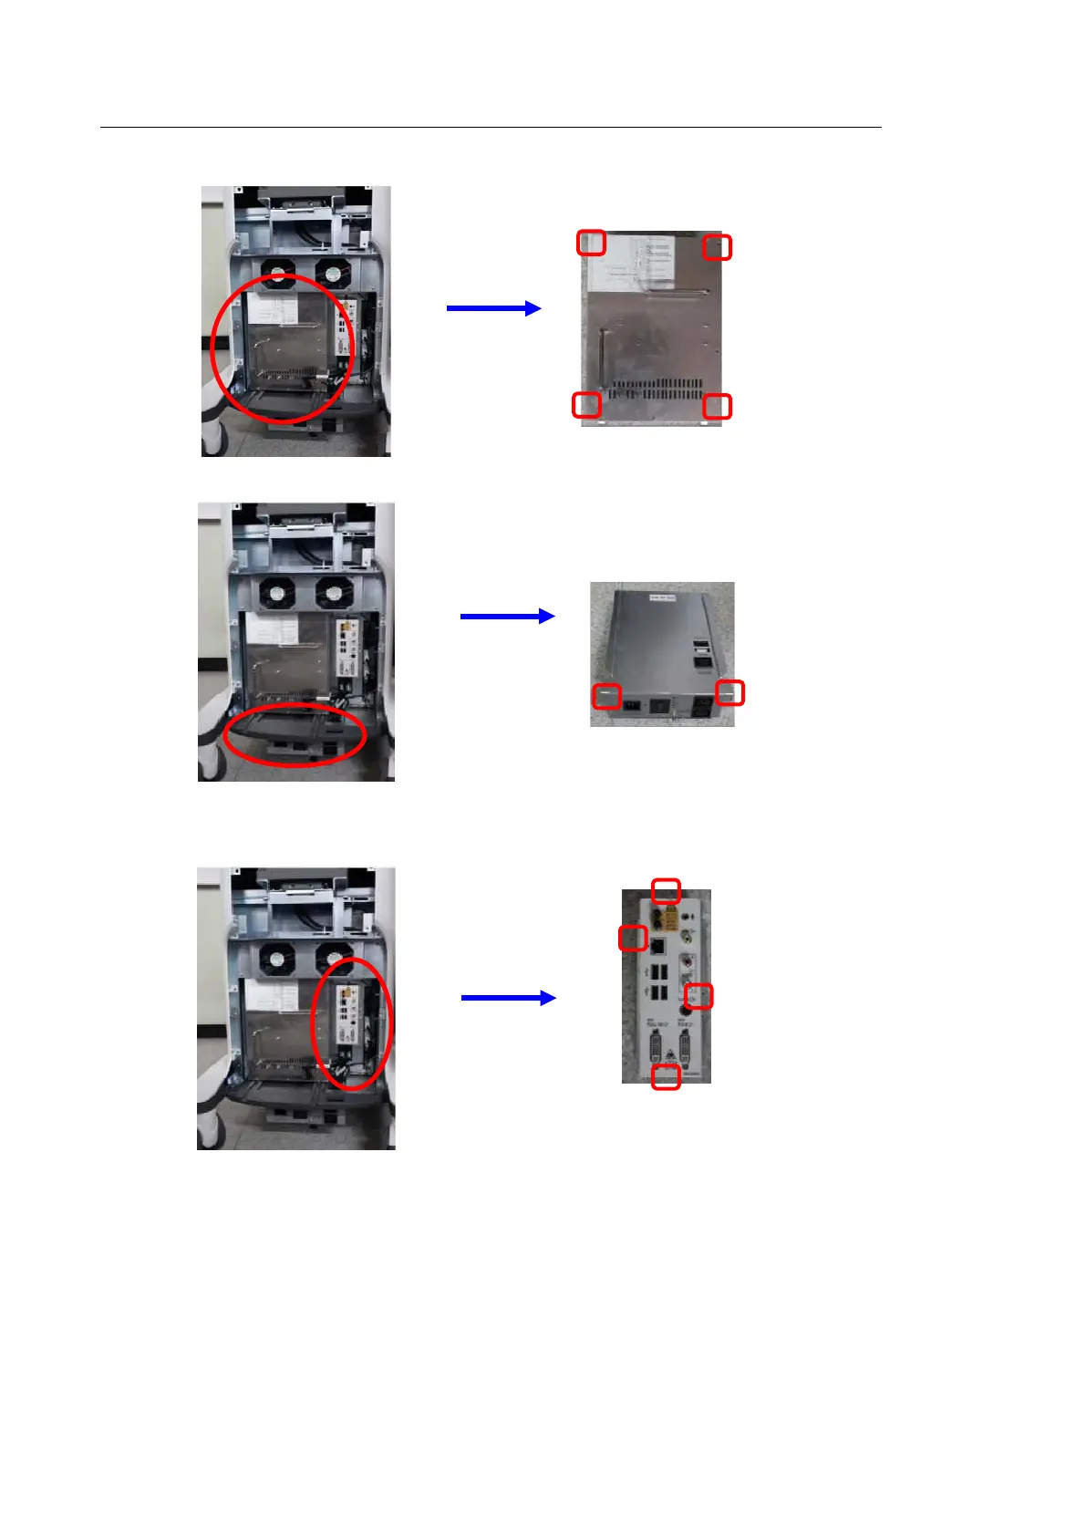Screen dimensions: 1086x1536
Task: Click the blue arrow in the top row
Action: point(493,308)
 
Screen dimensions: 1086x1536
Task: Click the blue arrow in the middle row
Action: point(507,617)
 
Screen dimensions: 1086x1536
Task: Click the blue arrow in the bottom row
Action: point(508,998)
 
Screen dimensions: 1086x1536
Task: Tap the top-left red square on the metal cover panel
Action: point(592,243)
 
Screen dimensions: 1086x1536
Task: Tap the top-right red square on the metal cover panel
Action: point(718,247)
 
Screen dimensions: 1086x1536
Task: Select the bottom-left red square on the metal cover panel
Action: point(586,405)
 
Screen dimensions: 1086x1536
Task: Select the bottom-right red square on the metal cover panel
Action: point(718,407)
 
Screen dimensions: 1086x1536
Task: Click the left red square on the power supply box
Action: point(607,696)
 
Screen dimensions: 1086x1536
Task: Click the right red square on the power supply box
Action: point(730,693)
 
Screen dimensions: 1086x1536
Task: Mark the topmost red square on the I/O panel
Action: point(667,890)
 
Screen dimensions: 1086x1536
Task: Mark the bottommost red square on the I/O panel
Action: point(667,1077)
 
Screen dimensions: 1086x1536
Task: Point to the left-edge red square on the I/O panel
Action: point(633,937)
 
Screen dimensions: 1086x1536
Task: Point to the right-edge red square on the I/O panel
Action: point(698,996)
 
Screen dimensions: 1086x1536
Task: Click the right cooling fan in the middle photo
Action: point(333,595)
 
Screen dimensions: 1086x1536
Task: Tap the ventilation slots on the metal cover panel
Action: point(657,389)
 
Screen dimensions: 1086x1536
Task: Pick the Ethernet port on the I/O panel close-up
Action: point(658,942)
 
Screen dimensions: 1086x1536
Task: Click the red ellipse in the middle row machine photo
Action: point(294,735)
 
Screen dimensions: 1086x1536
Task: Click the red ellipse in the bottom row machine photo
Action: point(352,1023)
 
